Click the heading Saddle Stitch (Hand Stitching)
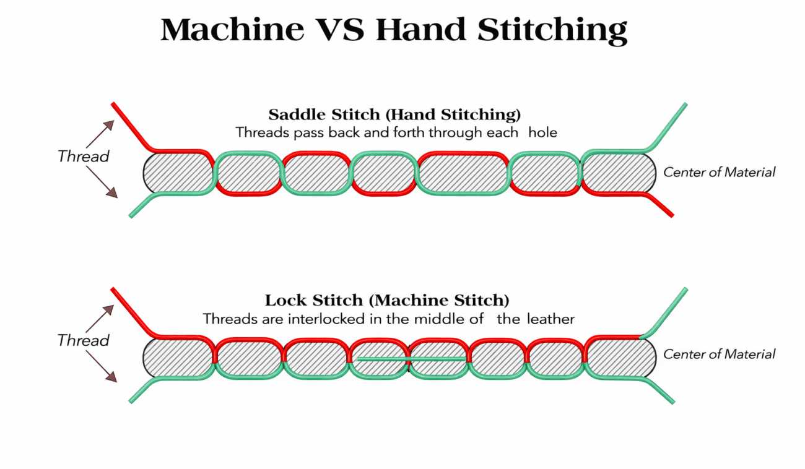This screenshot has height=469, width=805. (x=394, y=115)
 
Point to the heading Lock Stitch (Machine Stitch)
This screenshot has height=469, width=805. (x=387, y=301)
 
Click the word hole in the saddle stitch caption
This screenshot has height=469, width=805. (x=543, y=132)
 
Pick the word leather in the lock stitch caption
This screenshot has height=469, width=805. (x=551, y=320)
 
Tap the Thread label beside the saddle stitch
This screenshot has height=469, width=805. (x=83, y=157)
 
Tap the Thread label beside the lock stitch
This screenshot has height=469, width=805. (x=83, y=340)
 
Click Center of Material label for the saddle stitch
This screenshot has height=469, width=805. (x=719, y=173)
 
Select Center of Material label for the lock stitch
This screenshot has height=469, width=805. (x=719, y=355)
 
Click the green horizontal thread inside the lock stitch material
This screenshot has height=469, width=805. (x=411, y=358)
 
